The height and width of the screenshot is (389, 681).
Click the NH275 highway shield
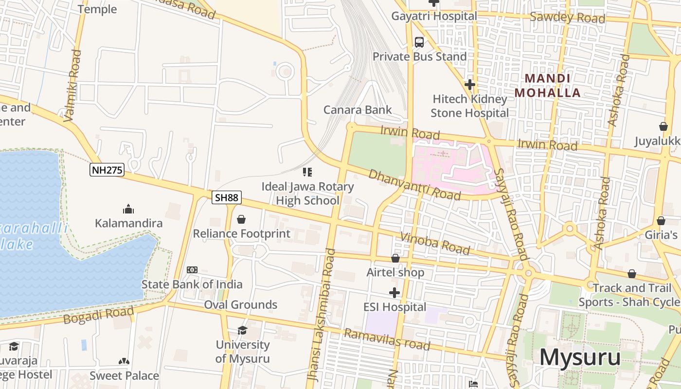107,170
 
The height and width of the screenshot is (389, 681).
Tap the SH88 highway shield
227,197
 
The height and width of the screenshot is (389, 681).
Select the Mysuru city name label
580,357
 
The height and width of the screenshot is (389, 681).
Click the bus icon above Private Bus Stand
419,42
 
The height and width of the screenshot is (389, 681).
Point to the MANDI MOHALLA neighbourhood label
548,86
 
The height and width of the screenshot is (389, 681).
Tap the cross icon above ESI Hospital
394,293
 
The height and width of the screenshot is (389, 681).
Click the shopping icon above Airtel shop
395,258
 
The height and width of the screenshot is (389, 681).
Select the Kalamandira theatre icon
128,209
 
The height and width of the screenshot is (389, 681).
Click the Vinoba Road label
435,244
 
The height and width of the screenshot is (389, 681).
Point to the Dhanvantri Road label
414,185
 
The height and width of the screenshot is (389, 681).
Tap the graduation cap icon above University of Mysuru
242,331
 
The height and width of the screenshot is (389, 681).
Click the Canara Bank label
358,110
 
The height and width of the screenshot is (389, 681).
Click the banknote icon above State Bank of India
192,270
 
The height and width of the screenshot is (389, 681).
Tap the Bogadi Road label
98,316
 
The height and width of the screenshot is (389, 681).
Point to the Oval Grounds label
240,305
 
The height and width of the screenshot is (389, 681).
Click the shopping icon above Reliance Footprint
241,220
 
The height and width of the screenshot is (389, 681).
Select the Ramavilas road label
387,339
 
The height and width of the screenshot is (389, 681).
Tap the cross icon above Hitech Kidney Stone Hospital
469,85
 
